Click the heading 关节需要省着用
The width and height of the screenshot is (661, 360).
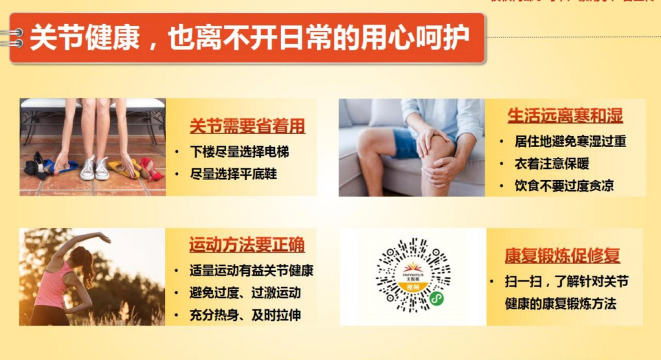tap(247, 127)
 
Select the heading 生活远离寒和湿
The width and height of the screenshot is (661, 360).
tap(565, 116)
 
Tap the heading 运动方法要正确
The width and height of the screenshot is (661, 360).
tap(247, 245)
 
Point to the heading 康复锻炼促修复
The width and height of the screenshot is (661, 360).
tap(562, 255)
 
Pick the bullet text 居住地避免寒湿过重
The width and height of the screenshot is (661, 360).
tap(570, 141)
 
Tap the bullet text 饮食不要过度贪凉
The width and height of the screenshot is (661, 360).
tap(564, 186)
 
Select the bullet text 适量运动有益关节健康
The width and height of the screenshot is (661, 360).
tap(252, 270)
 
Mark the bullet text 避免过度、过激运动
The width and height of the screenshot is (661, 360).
tap(245, 293)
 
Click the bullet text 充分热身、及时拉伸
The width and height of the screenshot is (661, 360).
tap(245, 315)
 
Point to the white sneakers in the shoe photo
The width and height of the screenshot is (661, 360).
tap(95, 168)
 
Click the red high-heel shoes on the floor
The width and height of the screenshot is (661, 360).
tap(151, 169)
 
